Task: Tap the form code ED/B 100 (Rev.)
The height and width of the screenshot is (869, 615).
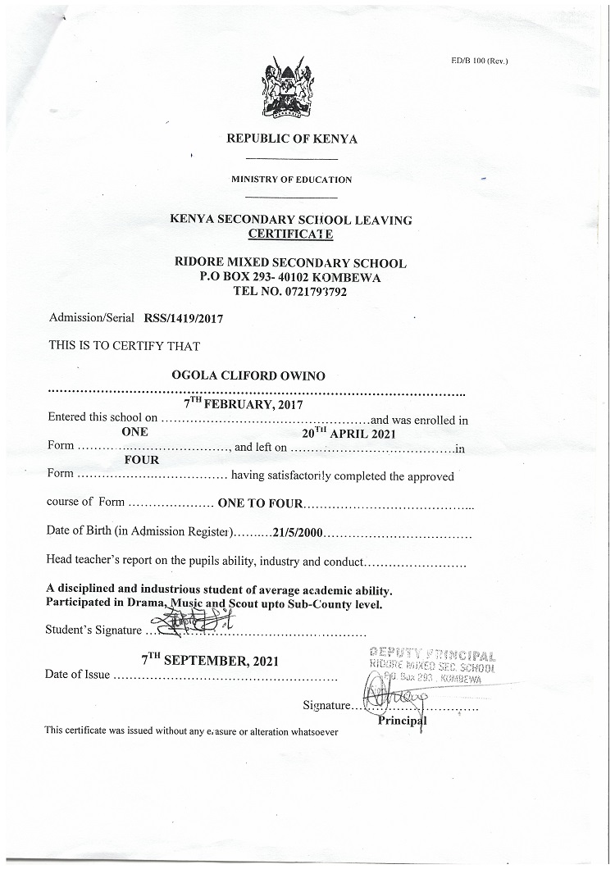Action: [480, 61]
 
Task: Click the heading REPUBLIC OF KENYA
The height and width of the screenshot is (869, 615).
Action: [291, 139]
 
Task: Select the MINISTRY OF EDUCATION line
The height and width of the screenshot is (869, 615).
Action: [291, 180]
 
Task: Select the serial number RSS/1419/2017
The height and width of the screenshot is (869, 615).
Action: [184, 317]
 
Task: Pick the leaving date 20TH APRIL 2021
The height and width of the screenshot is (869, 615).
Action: [348, 432]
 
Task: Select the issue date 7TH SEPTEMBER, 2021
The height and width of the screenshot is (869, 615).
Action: [210, 661]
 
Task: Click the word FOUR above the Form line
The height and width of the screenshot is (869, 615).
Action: [142, 460]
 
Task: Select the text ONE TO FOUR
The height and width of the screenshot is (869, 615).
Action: [261, 503]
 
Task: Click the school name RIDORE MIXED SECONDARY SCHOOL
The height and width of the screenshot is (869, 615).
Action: [290, 263]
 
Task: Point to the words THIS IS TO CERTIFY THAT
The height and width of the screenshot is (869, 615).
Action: [125, 345]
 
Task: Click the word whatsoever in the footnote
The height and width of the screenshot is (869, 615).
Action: [314, 731]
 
